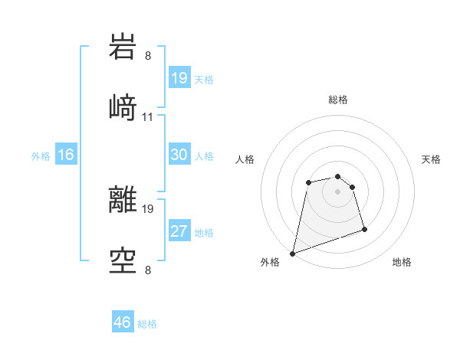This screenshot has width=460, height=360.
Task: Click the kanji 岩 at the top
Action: point(123,47)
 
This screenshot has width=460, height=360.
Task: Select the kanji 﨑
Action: point(123,108)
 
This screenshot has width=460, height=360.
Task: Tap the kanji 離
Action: point(123,200)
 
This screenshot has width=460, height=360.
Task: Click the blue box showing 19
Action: point(179,78)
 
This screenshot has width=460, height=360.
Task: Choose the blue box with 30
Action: point(179,155)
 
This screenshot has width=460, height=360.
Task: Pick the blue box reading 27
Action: point(179,231)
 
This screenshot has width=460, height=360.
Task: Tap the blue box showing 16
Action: point(66,155)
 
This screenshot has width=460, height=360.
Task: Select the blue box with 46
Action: point(122,322)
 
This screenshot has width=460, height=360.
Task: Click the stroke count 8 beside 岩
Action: point(147,55)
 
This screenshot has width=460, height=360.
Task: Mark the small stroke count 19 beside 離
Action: point(149,208)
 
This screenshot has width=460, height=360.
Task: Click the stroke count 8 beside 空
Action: point(147,270)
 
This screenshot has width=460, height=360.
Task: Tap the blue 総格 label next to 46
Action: point(147,324)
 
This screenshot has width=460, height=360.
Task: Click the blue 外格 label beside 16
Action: point(41,156)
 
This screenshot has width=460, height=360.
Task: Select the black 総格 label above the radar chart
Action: point(338,100)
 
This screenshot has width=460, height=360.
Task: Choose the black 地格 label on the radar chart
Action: point(402,262)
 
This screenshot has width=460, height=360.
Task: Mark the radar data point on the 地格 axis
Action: point(364,229)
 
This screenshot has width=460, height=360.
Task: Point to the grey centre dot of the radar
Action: point(337,191)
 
